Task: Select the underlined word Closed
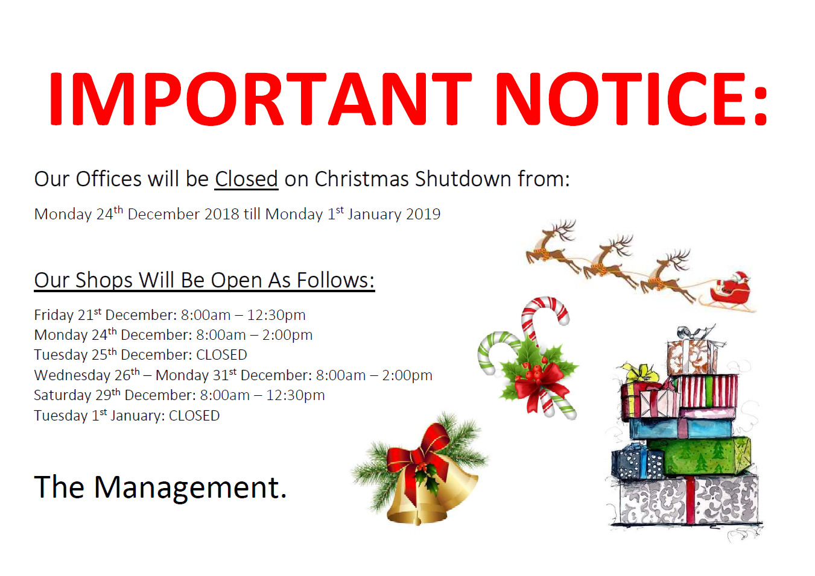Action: pos(246,179)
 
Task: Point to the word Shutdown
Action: pos(463,179)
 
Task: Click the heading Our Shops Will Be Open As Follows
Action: pos(204,280)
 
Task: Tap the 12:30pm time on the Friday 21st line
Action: pos(276,316)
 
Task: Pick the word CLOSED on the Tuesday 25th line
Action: pos(221,355)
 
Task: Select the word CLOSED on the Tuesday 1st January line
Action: pos(194,416)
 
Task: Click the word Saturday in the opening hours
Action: pos(63,395)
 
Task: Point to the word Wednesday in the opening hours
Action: pos(72,375)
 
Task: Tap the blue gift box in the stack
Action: pos(680,428)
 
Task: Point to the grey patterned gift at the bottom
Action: pos(688,499)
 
